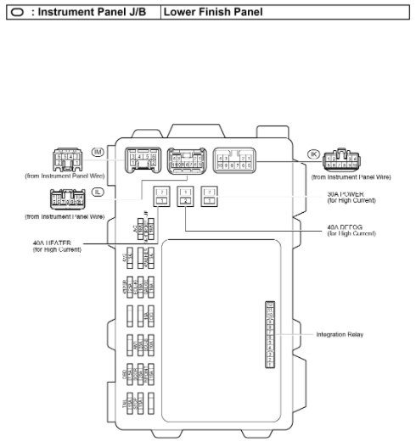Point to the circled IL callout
(x=98, y=193)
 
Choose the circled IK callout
(x=313, y=154)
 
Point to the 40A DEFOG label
(x=349, y=228)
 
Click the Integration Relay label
(x=340, y=334)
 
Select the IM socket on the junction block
(x=143, y=159)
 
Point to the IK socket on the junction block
(x=233, y=160)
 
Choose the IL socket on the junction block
(x=187, y=161)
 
